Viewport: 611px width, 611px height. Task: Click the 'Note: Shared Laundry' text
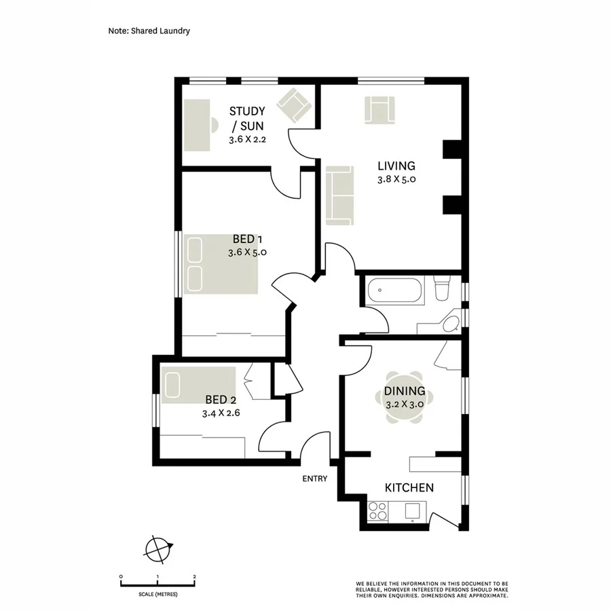click(x=149, y=31)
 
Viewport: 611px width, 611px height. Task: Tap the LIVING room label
click(x=396, y=166)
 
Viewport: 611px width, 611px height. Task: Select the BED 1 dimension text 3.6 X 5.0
click(x=247, y=252)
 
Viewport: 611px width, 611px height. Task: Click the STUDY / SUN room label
click(x=246, y=118)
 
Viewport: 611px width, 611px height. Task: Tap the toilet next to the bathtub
click(x=442, y=288)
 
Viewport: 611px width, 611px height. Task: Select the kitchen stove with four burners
click(x=378, y=511)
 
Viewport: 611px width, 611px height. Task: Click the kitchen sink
click(x=411, y=511)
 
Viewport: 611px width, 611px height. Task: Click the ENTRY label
click(x=315, y=479)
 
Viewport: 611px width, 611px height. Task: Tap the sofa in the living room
click(x=339, y=195)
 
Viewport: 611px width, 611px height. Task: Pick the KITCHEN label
click(x=409, y=487)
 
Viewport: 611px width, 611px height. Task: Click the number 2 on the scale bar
click(x=194, y=576)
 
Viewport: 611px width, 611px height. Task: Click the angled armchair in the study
click(x=296, y=105)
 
